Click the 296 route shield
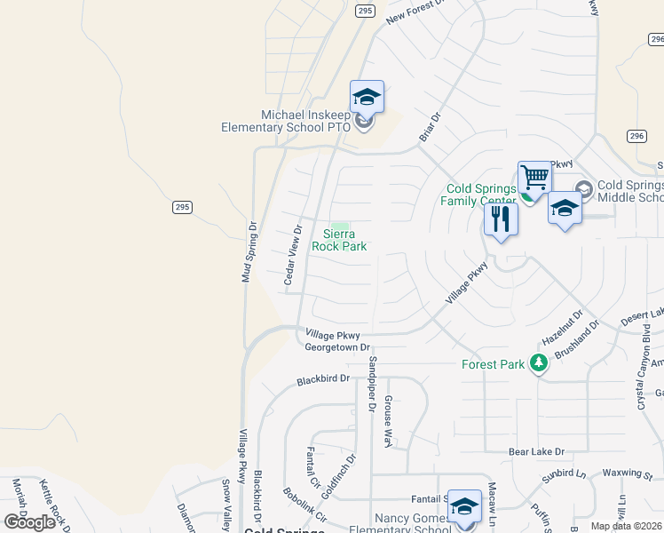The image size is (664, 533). [635, 136]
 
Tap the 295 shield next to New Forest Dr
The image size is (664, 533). [367, 10]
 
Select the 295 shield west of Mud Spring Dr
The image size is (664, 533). [181, 207]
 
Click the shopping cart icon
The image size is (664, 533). [534, 177]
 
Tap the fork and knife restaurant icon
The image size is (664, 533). [501, 219]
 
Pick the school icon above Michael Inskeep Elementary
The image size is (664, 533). [367, 96]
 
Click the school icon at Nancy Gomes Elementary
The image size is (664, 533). [464, 505]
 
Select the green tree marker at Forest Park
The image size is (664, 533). [538, 363]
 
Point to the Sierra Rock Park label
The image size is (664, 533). [339, 240]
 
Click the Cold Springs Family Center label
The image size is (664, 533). [480, 195]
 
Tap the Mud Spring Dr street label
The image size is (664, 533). [250, 251]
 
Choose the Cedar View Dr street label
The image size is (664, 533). [293, 255]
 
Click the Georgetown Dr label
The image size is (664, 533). [336, 347]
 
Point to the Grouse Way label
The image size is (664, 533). [388, 422]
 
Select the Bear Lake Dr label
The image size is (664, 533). [536, 451]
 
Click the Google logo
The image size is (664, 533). [30, 522]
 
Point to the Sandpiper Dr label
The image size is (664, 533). [373, 385]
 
